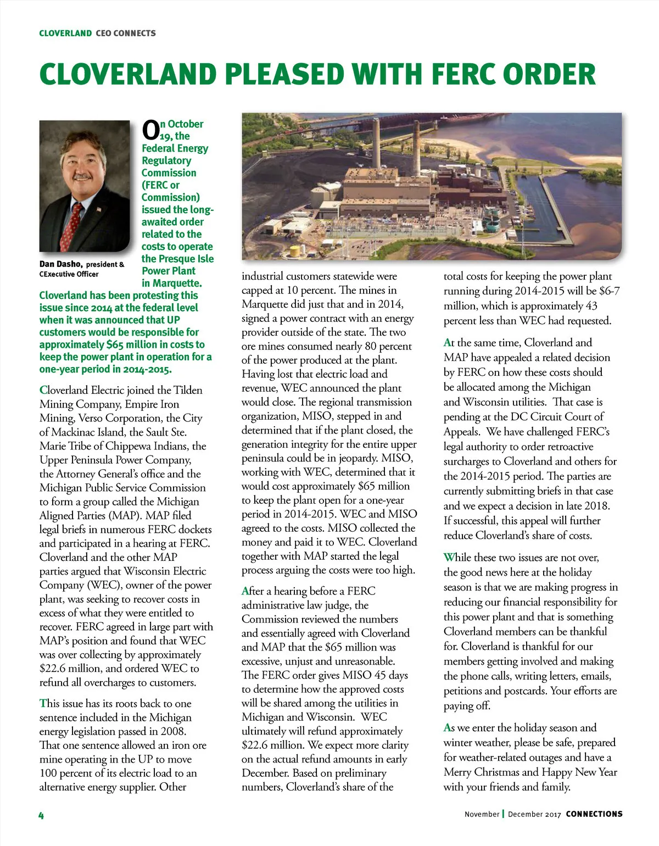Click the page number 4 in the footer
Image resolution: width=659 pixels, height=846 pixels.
pos(41,815)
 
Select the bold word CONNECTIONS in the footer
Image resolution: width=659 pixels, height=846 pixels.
pos(594,814)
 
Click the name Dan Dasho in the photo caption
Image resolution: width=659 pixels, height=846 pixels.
pos(61,264)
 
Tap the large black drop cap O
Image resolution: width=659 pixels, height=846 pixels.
pos(150,130)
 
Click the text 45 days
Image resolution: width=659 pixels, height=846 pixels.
pos(391,675)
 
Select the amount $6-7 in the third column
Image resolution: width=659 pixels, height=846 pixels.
pos(608,291)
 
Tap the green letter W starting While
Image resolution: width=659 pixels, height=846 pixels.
pos(449,557)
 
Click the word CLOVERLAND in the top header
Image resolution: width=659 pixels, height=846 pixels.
pos(65,34)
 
